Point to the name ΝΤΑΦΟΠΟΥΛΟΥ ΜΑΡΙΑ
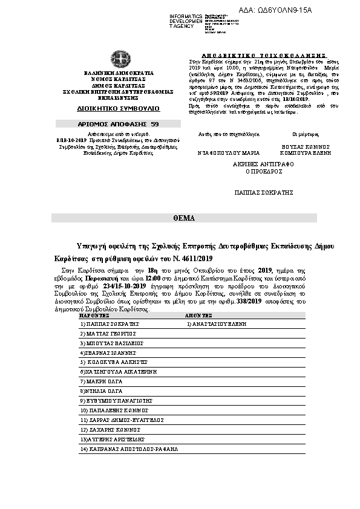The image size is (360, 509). pos(224,154)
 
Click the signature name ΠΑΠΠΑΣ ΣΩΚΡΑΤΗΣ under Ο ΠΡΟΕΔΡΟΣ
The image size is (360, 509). pos(264,192)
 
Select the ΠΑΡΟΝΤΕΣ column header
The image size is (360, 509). pos(93,316)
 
